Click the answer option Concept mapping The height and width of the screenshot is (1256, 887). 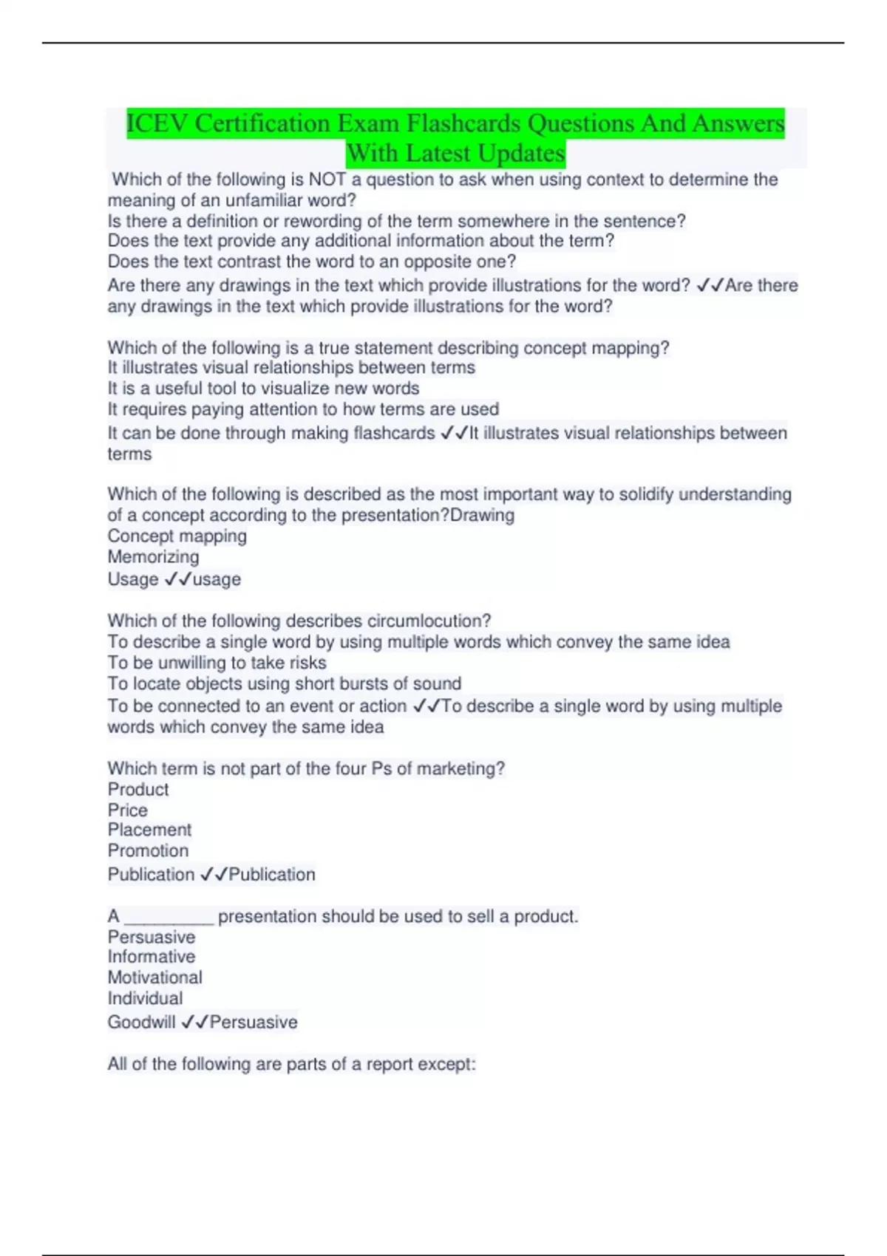177,536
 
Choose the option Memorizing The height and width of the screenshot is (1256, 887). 153,557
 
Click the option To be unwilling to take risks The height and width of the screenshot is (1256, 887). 217,663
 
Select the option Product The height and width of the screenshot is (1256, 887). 138,790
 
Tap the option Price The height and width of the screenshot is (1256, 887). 128,810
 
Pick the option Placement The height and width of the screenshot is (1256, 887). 149,830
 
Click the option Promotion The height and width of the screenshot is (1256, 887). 148,850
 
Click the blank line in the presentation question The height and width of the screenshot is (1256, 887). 169,918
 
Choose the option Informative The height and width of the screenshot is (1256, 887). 152,957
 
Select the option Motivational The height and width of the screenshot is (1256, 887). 154,977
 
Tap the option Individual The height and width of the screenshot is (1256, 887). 145,998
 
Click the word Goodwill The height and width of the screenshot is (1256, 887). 141,1023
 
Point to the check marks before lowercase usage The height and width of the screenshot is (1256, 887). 178,579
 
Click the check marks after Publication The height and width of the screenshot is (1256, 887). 214,875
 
